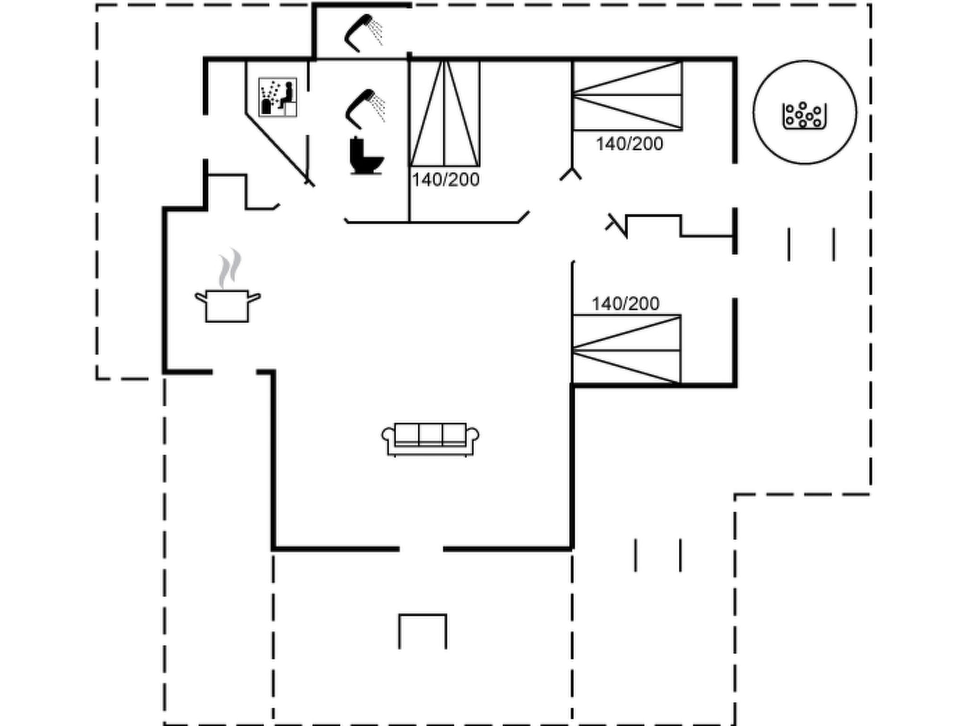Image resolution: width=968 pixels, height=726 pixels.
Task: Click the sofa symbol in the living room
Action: [x=430, y=439]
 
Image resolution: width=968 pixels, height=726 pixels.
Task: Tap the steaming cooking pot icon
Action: [x=227, y=305]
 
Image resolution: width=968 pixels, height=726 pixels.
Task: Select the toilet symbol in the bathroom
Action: [x=365, y=156]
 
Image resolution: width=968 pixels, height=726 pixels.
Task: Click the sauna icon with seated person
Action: [x=278, y=97]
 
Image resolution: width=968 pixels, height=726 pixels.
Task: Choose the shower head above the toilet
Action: [x=364, y=108]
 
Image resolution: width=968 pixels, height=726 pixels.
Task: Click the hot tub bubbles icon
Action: [x=804, y=115]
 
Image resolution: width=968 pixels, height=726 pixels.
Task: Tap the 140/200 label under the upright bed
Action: [x=445, y=180]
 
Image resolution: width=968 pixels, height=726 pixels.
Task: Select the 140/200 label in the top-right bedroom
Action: [x=629, y=144]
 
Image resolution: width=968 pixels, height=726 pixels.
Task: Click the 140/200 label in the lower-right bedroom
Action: [x=625, y=304]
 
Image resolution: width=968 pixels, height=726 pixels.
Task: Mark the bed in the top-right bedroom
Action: [x=627, y=95]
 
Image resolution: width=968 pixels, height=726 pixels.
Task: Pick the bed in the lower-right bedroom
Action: [x=627, y=350]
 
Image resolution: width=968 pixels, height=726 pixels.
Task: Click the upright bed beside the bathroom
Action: [x=444, y=113]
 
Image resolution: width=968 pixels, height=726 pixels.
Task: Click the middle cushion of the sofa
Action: [x=430, y=434]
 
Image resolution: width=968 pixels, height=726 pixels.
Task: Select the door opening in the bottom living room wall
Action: [x=421, y=549]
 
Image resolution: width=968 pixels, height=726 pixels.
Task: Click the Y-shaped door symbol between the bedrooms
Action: [x=571, y=174]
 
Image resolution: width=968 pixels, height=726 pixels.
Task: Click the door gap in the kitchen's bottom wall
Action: [x=234, y=372]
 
